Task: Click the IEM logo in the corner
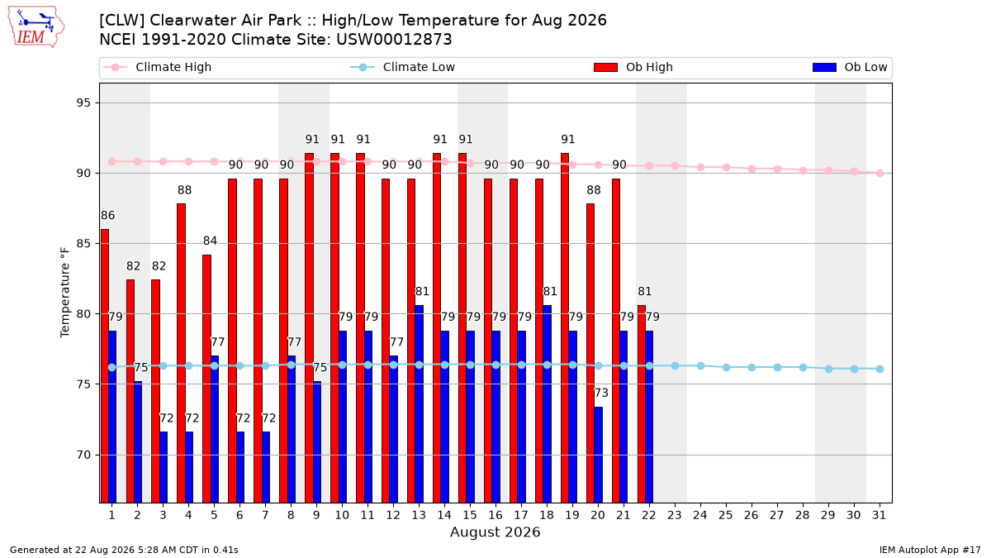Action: [36, 27]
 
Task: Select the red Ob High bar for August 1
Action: [104, 365]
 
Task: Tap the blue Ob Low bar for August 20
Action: [598, 455]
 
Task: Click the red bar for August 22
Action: [641, 403]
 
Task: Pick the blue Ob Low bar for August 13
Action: [419, 403]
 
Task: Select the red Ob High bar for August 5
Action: [206, 379]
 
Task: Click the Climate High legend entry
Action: [157, 67]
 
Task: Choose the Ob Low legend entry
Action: [850, 67]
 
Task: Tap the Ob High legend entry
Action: [633, 67]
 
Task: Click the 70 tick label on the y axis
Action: [83, 455]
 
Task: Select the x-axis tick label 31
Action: [879, 515]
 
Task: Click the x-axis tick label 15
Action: [470, 515]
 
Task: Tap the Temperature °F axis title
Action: [65, 293]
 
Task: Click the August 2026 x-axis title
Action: [495, 532]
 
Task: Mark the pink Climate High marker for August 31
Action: [880, 173]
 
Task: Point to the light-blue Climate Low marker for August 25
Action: [726, 368]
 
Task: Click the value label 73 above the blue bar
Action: [601, 393]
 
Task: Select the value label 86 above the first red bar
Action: [107, 215]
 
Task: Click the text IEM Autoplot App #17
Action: [930, 550]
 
